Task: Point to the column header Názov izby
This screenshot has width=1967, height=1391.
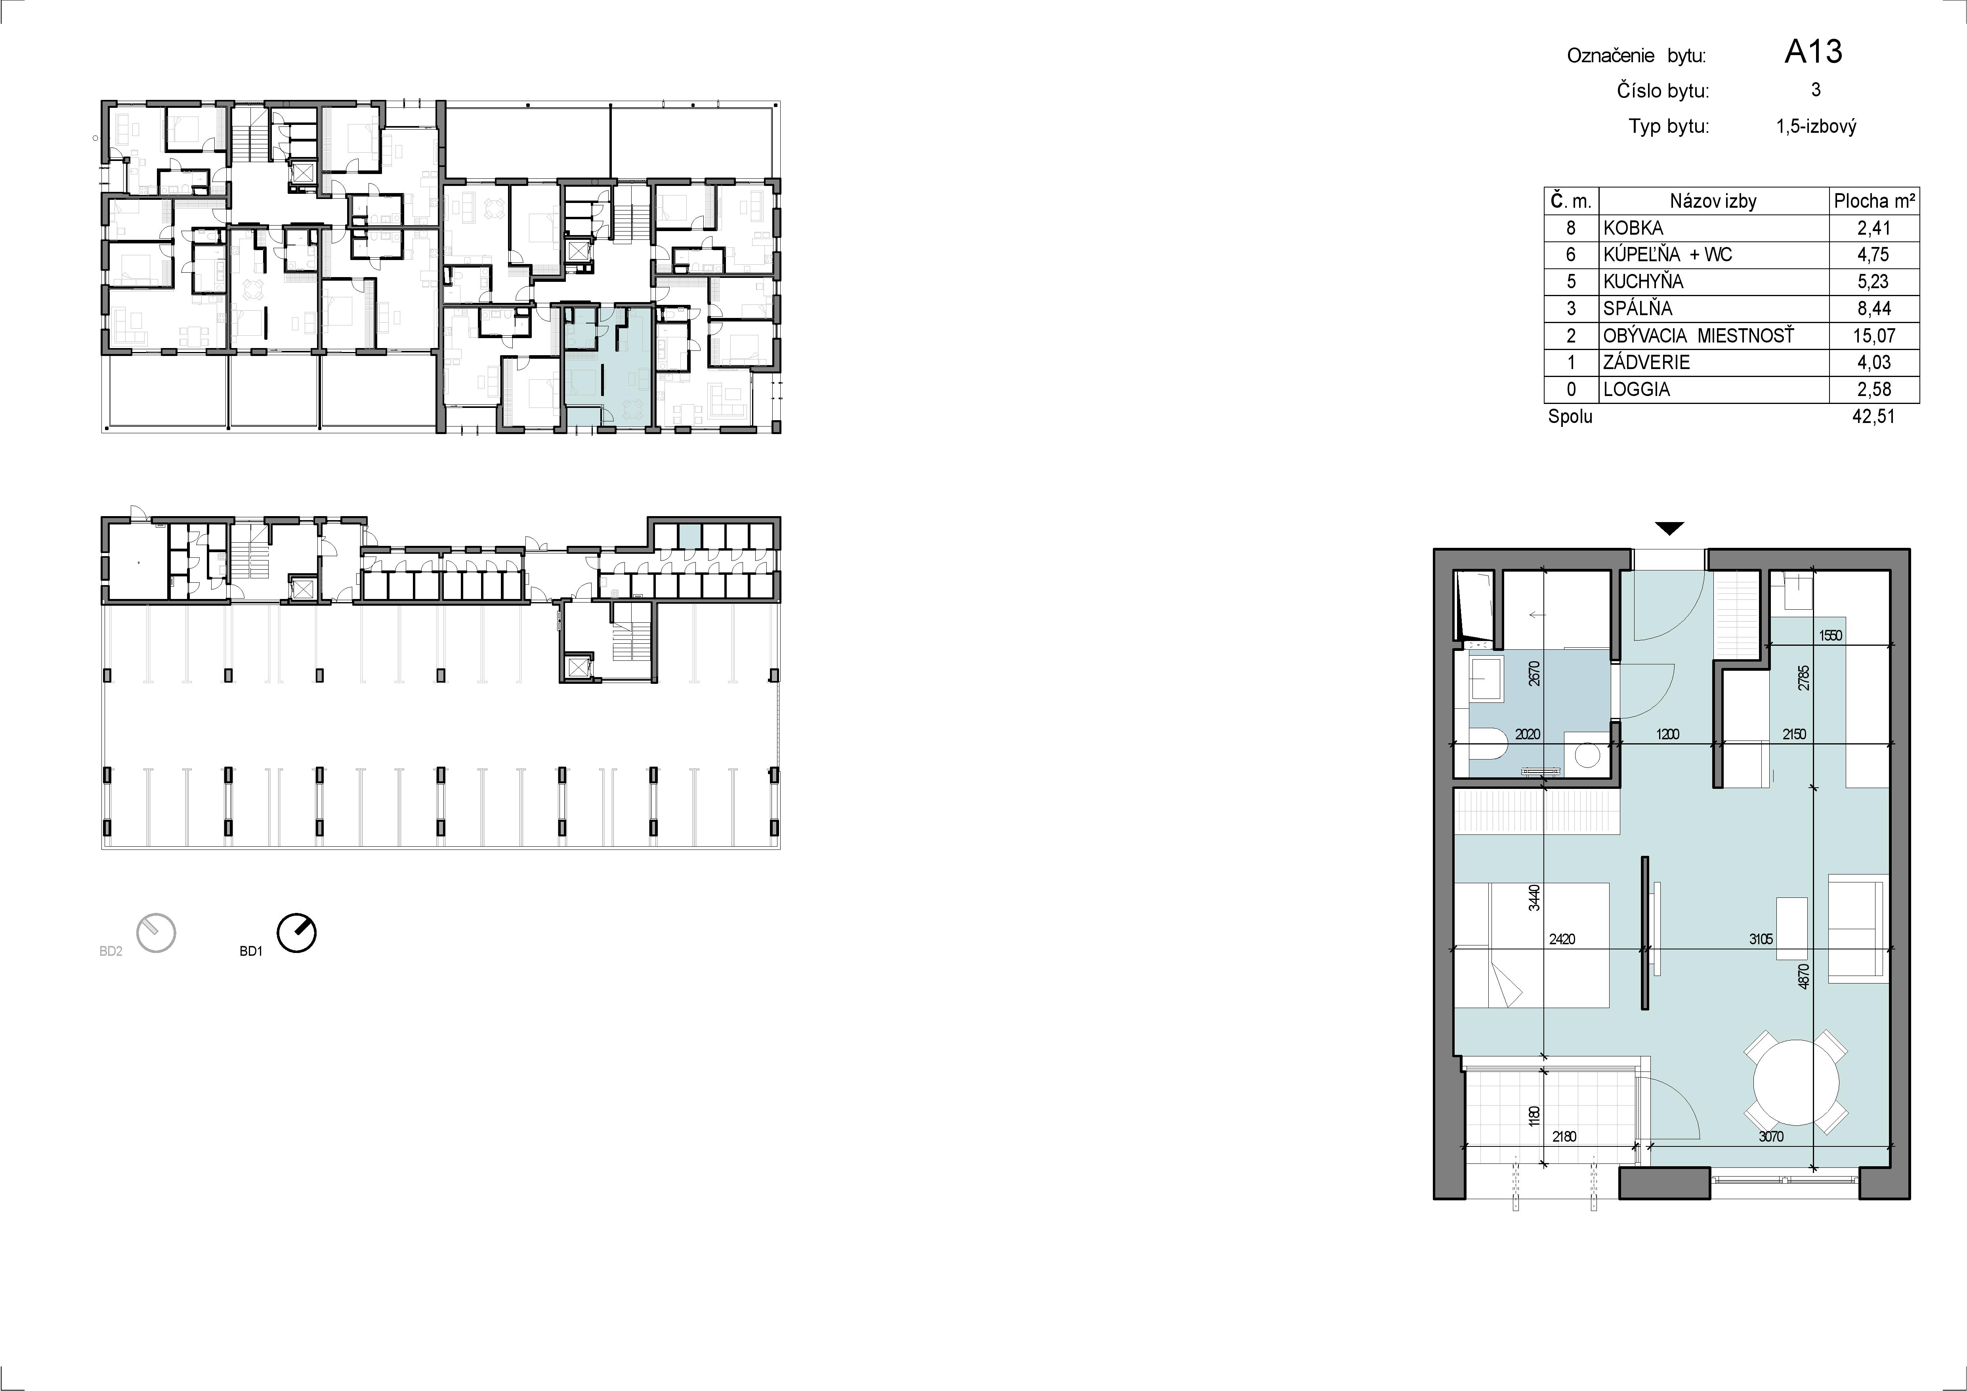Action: (1713, 201)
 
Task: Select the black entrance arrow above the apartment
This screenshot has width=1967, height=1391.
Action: (1669, 529)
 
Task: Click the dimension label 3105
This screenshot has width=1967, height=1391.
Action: (1761, 939)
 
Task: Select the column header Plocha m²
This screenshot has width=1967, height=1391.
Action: (1873, 201)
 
